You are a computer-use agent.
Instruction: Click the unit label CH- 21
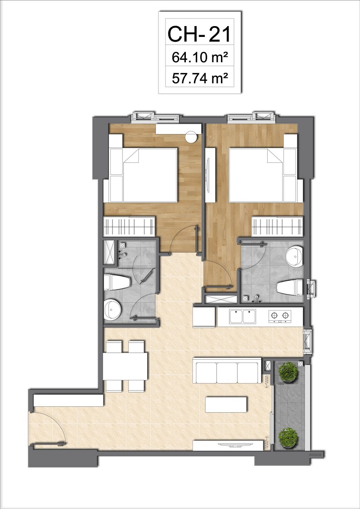(x=199, y=34)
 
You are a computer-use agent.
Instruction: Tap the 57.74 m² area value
(x=199, y=78)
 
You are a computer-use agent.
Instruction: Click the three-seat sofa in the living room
(x=227, y=371)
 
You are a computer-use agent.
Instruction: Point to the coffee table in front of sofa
(x=226, y=404)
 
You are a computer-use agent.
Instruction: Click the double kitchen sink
(x=243, y=316)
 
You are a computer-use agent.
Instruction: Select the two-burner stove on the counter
(x=280, y=316)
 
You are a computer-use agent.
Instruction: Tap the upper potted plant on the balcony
(x=288, y=372)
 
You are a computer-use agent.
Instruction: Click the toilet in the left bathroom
(x=117, y=283)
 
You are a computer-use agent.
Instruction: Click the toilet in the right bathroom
(x=289, y=287)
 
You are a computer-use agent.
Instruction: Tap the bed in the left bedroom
(x=143, y=176)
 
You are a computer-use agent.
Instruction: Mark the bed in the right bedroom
(x=263, y=176)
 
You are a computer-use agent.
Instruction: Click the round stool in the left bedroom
(x=191, y=137)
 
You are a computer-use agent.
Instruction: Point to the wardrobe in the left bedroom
(x=129, y=226)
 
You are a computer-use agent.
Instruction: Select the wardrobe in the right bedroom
(x=277, y=226)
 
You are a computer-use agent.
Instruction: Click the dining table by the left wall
(x=125, y=366)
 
